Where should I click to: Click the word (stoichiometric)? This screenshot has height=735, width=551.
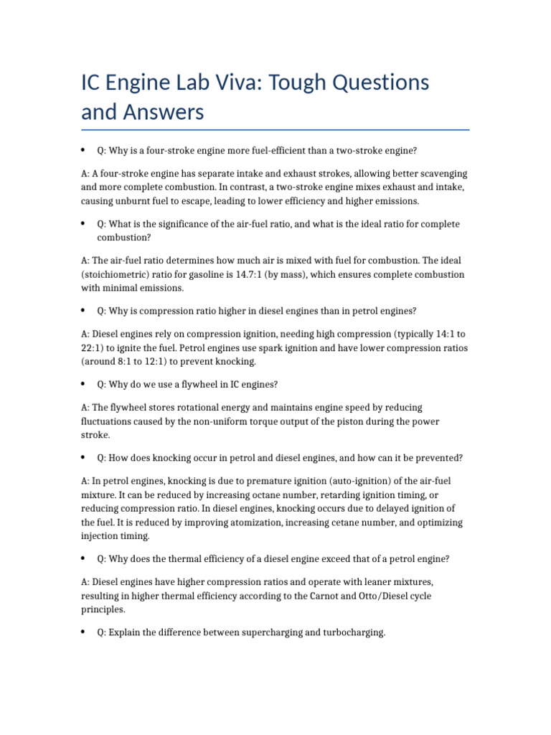[118, 275]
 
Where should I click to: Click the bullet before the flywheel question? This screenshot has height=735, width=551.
[84, 384]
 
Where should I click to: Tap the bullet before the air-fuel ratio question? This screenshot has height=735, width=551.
[84, 224]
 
